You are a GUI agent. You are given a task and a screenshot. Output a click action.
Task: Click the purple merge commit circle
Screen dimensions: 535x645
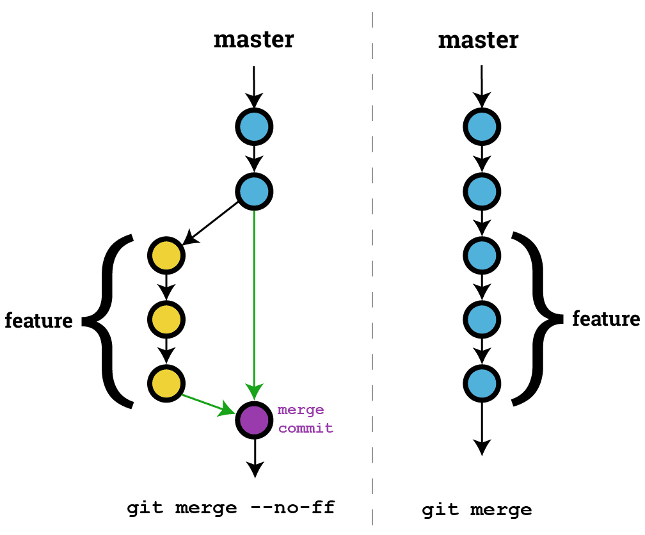(x=255, y=419)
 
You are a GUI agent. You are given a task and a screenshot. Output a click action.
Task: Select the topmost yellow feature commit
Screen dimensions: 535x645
(x=166, y=255)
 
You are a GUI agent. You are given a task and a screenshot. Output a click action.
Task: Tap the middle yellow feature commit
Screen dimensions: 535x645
(x=166, y=319)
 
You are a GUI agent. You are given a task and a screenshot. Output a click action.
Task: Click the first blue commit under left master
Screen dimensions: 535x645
(x=255, y=127)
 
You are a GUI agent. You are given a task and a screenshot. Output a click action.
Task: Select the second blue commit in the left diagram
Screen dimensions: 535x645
(x=255, y=191)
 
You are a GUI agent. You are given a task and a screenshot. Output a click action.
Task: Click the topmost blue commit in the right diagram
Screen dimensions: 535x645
(x=481, y=127)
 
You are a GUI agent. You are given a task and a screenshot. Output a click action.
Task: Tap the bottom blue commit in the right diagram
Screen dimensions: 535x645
(x=481, y=383)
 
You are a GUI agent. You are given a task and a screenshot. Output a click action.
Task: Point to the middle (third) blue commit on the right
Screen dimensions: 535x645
(x=481, y=255)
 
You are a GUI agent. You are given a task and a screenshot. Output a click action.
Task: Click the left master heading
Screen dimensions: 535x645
(x=254, y=40)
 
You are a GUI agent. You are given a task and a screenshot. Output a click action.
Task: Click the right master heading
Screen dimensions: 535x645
(x=479, y=40)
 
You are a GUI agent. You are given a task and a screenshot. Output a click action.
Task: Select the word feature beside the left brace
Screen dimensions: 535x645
(x=38, y=320)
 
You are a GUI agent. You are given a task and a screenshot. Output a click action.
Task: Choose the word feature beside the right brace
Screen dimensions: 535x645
(x=605, y=319)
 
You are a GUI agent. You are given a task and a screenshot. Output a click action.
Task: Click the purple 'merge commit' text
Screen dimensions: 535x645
(x=305, y=419)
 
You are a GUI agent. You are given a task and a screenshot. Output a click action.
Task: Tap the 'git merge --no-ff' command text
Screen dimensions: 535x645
(x=231, y=509)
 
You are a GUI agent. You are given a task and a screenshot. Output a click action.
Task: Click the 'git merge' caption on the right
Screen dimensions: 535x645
(x=477, y=510)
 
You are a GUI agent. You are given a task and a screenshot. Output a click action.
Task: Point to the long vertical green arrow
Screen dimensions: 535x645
(x=255, y=294)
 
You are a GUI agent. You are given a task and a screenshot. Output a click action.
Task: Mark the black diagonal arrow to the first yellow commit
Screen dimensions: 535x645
(x=211, y=225)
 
